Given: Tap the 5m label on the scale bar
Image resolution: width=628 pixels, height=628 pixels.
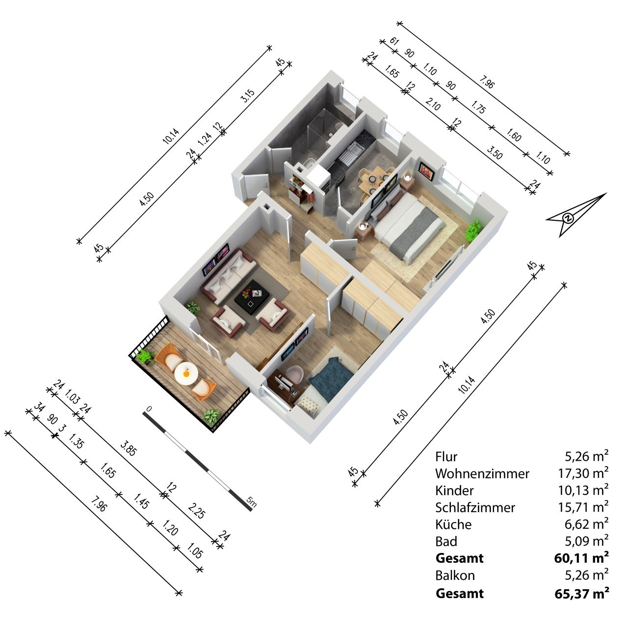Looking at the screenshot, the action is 251,501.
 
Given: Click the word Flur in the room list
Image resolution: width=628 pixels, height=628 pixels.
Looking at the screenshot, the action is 446,457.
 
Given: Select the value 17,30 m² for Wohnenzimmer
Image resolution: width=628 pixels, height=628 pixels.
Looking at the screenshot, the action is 583,473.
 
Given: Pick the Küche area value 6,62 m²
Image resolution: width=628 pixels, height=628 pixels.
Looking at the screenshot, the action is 587,524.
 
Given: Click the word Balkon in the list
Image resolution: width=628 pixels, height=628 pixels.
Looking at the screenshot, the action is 455,576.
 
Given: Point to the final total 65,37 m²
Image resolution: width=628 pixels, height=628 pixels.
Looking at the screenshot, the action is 582,594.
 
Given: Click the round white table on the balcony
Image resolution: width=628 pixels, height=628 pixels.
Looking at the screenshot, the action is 186,374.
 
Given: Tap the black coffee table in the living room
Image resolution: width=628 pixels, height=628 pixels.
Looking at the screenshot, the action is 252,298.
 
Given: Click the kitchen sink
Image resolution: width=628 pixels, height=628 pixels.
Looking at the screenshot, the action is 350,153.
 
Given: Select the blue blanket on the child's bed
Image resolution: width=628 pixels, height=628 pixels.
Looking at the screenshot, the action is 331,379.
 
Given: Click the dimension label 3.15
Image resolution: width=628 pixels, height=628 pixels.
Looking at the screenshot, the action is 248,96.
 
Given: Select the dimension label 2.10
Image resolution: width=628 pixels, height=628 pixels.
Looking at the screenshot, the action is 433,104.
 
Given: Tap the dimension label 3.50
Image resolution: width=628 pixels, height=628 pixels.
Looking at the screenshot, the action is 495,153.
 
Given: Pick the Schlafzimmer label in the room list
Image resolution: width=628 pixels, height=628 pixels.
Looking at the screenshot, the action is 475,507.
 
